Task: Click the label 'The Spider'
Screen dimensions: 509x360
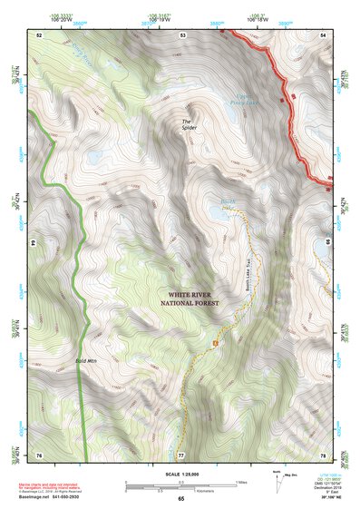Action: click(188, 124)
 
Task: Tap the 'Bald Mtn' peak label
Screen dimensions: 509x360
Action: click(87, 360)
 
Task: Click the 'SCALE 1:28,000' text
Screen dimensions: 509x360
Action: click(180, 475)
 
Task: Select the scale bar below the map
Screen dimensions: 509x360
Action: click(180, 485)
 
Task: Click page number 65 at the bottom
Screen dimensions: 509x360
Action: click(180, 499)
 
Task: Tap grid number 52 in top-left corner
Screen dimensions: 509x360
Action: click(39, 34)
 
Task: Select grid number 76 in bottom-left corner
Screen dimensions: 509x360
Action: click(39, 454)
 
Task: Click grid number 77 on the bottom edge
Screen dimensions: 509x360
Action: click(180, 454)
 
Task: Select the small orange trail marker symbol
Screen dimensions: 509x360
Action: click(215, 343)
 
